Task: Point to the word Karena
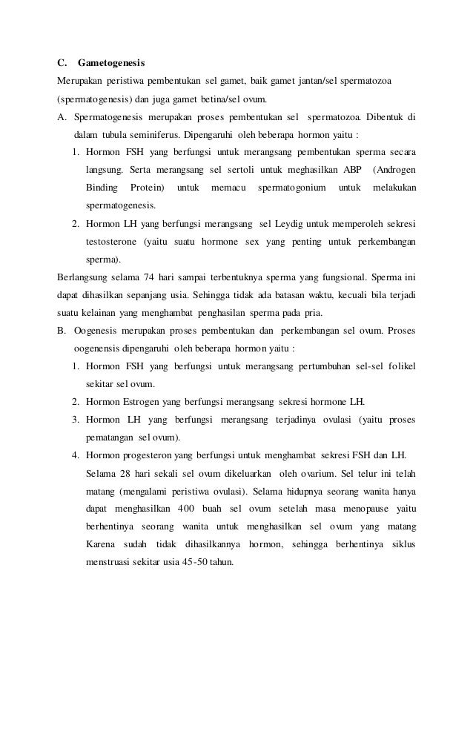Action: [x=100, y=544]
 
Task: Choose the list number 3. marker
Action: [x=76, y=419]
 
